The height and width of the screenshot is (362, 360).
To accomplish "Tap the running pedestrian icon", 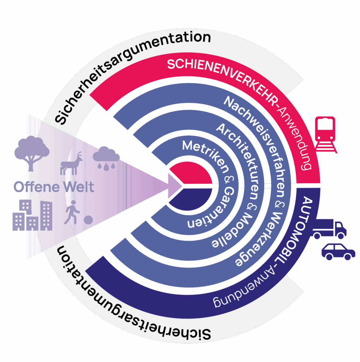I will pyautogui.click(x=72, y=212).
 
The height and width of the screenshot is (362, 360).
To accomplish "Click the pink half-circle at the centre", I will pyautogui.click(x=193, y=173).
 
